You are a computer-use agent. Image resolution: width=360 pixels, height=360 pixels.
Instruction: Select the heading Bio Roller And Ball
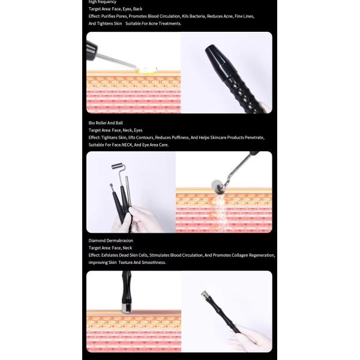pyautogui.click(x=106, y=122)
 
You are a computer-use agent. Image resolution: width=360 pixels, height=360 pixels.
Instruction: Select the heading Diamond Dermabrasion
pyautogui.click(x=110, y=241)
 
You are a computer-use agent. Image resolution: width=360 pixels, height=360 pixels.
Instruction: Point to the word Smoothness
pyautogui.click(x=152, y=262)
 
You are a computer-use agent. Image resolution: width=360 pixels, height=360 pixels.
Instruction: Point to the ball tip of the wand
pyautogui.click(x=113, y=187)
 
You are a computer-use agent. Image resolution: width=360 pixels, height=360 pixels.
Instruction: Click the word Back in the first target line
pyautogui.click(x=138, y=9)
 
